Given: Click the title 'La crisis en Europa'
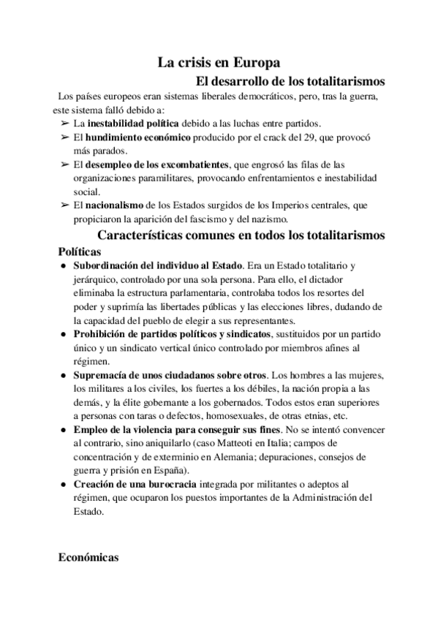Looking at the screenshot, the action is click(219, 63).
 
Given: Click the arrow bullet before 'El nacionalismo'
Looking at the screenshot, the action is click(64, 205).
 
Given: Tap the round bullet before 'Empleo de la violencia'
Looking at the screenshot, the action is click(64, 430).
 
